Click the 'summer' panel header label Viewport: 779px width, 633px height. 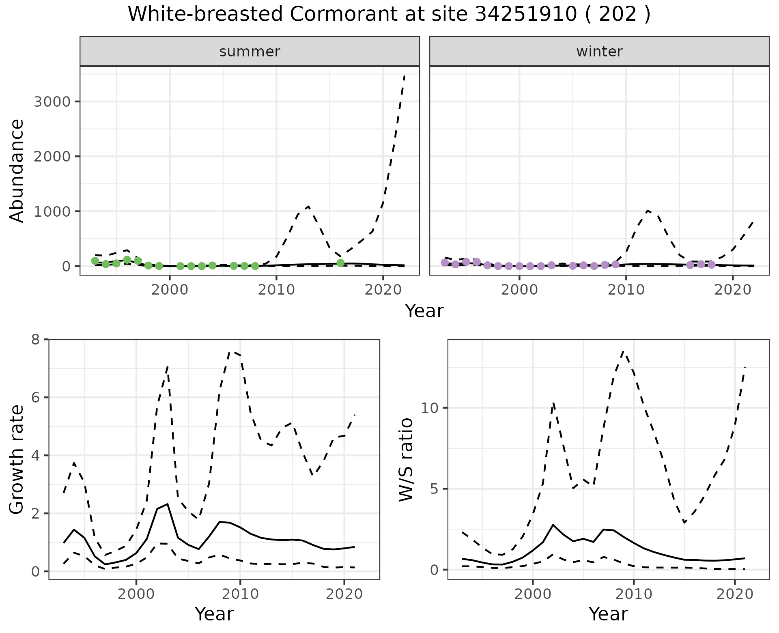pyautogui.click(x=250, y=52)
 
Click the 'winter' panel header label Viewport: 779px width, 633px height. pyautogui.click(x=599, y=52)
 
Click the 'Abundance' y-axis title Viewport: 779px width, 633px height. pyautogui.click(x=17, y=171)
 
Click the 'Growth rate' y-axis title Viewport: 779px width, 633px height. pyautogui.click(x=17, y=459)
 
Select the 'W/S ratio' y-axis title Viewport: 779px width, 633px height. pyautogui.click(x=406, y=459)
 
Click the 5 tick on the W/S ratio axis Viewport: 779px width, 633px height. pyautogui.click(x=435, y=489)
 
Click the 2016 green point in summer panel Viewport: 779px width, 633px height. pyautogui.click(x=340, y=263)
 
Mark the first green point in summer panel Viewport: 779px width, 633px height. pyautogui.click(x=95, y=261)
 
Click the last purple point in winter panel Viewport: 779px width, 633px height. pyautogui.click(x=711, y=265)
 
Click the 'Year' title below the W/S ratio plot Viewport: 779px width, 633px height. pyautogui.click(x=608, y=614)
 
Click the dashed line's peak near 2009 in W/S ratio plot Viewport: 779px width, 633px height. pyautogui.click(x=624, y=351)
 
